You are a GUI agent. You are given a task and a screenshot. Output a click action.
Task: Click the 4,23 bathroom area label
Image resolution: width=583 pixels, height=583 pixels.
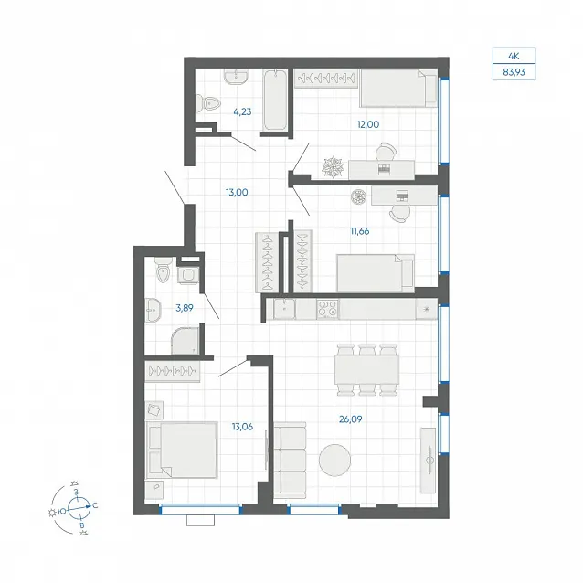click(242, 111)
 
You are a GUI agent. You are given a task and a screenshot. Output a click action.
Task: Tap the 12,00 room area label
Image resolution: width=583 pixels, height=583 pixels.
click(368, 124)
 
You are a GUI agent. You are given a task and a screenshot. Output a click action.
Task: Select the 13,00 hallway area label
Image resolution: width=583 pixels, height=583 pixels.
click(237, 193)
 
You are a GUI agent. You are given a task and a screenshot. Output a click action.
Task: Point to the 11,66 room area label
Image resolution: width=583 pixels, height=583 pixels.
click(360, 231)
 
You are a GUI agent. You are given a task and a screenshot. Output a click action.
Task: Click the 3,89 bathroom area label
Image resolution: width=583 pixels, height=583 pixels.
click(185, 308)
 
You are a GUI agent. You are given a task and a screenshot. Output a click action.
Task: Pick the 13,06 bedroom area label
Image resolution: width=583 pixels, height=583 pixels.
click(242, 427)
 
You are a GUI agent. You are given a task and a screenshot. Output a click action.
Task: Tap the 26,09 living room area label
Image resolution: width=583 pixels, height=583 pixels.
click(351, 419)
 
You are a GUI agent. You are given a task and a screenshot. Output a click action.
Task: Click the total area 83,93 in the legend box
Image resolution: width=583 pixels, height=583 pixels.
click(514, 72)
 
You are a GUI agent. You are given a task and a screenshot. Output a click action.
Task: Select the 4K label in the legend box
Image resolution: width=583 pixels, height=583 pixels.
click(514, 57)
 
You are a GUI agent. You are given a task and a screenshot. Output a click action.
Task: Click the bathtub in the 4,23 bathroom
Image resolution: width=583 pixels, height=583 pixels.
click(275, 100)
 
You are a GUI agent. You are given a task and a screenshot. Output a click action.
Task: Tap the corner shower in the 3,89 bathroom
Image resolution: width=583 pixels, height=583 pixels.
click(185, 341)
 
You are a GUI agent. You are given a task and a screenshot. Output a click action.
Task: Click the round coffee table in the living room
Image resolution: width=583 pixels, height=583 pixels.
click(334, 461)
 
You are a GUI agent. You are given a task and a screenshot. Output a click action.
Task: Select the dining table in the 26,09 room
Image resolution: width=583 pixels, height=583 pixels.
click(366, 370)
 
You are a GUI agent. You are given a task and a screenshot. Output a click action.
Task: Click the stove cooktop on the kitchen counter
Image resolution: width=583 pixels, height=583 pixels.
click(327, 309)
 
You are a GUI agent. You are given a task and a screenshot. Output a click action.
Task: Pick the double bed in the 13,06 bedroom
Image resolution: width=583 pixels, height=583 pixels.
click(182, 450)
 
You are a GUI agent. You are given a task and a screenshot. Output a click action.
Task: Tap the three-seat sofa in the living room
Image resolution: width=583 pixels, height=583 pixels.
click(290, 461)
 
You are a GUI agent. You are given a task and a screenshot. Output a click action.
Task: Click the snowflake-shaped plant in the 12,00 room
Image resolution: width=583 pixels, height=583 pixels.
click(334, 167)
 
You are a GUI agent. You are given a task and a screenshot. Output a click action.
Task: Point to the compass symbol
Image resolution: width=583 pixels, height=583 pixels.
click(79, 508)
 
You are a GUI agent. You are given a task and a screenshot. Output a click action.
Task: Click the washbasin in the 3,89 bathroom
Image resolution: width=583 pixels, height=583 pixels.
click(153, 310)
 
